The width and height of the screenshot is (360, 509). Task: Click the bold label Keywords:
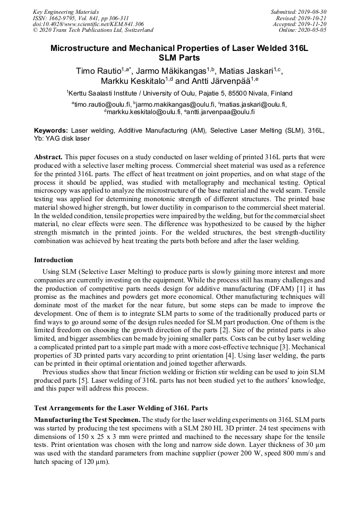point(51,130)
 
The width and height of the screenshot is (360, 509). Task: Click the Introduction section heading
point(54,260)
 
